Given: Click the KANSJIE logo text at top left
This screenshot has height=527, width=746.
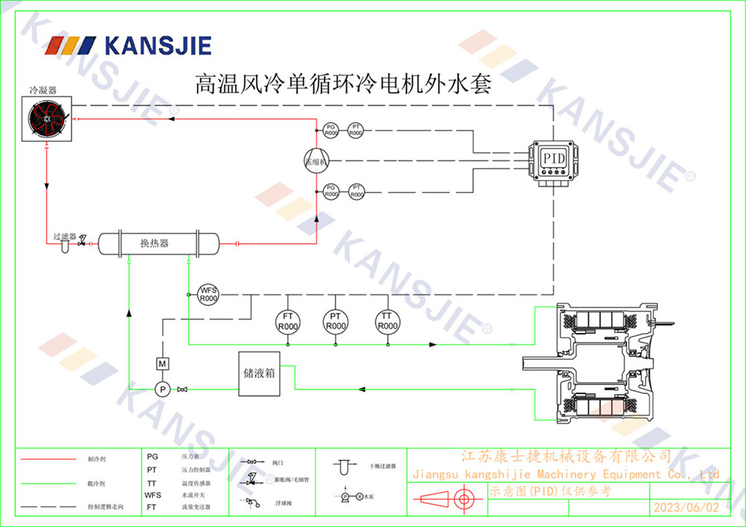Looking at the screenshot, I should tap(157, 46).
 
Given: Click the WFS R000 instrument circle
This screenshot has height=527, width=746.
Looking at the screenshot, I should tap(208, 294).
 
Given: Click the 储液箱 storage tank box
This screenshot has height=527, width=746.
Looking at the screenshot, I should tap(259, 372).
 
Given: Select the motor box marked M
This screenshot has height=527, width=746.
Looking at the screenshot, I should tap(162, 364).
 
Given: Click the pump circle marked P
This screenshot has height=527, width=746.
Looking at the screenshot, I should tap(162, 389).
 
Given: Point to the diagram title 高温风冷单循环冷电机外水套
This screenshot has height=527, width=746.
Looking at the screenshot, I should tap(342, 83).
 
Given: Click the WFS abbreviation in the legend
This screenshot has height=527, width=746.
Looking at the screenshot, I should tap(152, 494).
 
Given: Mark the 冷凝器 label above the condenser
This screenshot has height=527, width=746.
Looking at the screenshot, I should tap(43, 90).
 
